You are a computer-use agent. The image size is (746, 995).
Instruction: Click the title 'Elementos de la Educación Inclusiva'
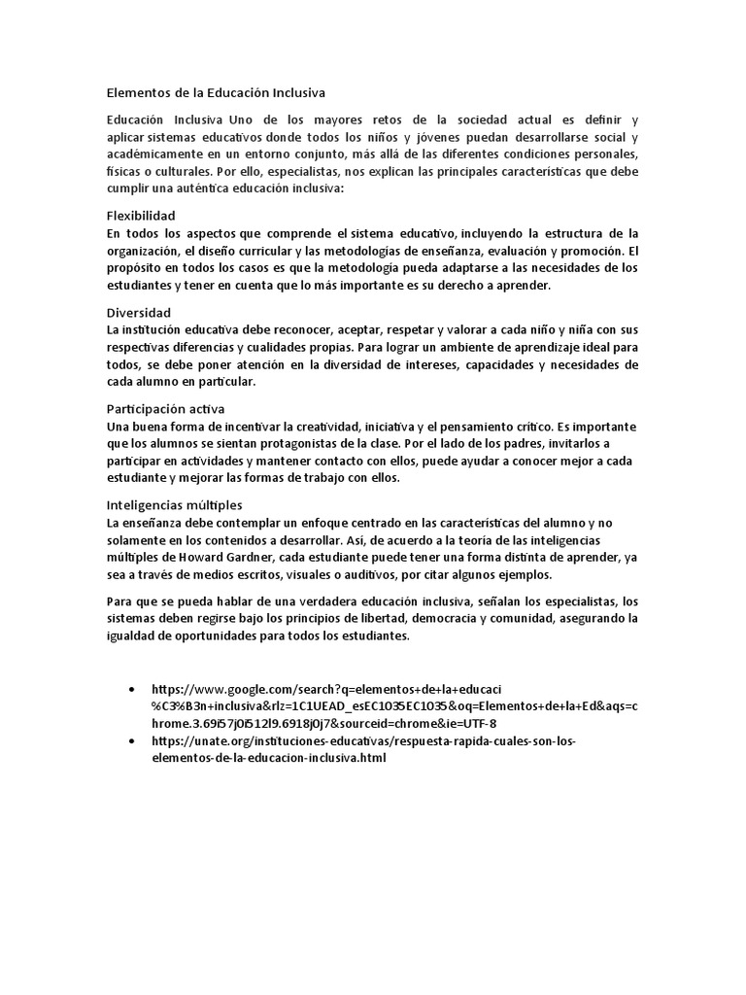216,93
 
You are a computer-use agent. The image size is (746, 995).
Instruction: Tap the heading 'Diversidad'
138,313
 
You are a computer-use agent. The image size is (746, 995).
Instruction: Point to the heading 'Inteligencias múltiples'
174,505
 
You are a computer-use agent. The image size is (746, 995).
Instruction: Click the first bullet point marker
132,688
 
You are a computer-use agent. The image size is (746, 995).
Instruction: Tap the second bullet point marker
132,740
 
